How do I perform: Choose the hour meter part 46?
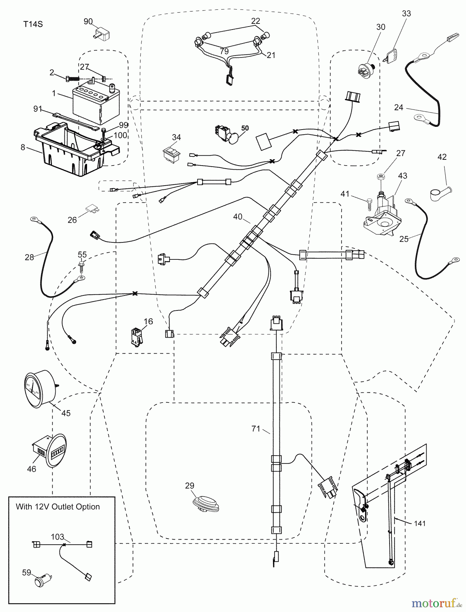click(x=50, y=451)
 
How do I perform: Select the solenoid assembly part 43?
click(x=380, y=215)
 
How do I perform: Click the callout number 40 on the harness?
click(x=238, y=217)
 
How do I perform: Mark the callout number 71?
click(x=256, y=429)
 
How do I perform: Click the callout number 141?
click(x=420, y=524)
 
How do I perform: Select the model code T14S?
click(x=33, y=24)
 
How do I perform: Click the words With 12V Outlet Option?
click(x=58, y=507)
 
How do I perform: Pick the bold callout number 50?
click(x=245, y=128)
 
